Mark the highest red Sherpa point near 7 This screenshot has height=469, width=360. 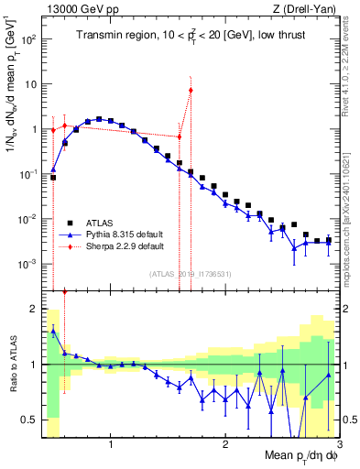pyautogui.click(x=191, y=90)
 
